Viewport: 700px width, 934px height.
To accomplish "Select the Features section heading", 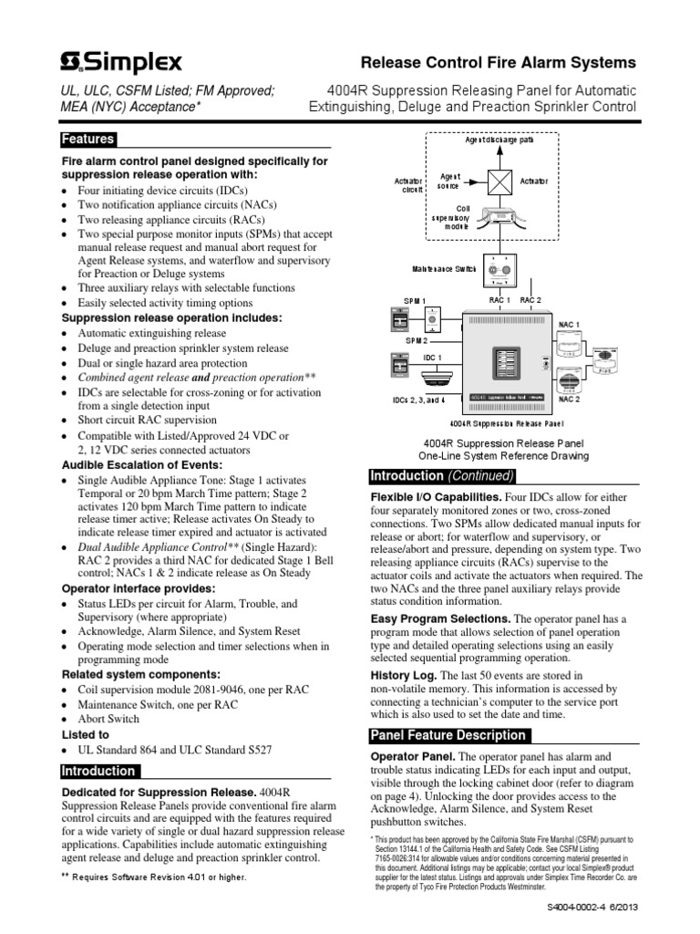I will pyautogui.click(x=87, y=140).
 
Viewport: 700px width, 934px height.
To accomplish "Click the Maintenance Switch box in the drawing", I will pyautogui.click(x=499, y=271).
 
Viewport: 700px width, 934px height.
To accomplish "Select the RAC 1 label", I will pyautogui.click(x=500, y=300).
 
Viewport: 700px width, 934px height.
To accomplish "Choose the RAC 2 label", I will pyautogui.click(x=530, y=300).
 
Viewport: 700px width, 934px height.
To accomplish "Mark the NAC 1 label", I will pyautogui.click(x=568, y=324).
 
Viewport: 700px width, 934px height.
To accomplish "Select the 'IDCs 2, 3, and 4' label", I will pyautogui.click(x=418, y=400).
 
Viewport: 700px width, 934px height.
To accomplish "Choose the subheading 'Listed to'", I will pyautogui.click(x=85, y=734).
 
